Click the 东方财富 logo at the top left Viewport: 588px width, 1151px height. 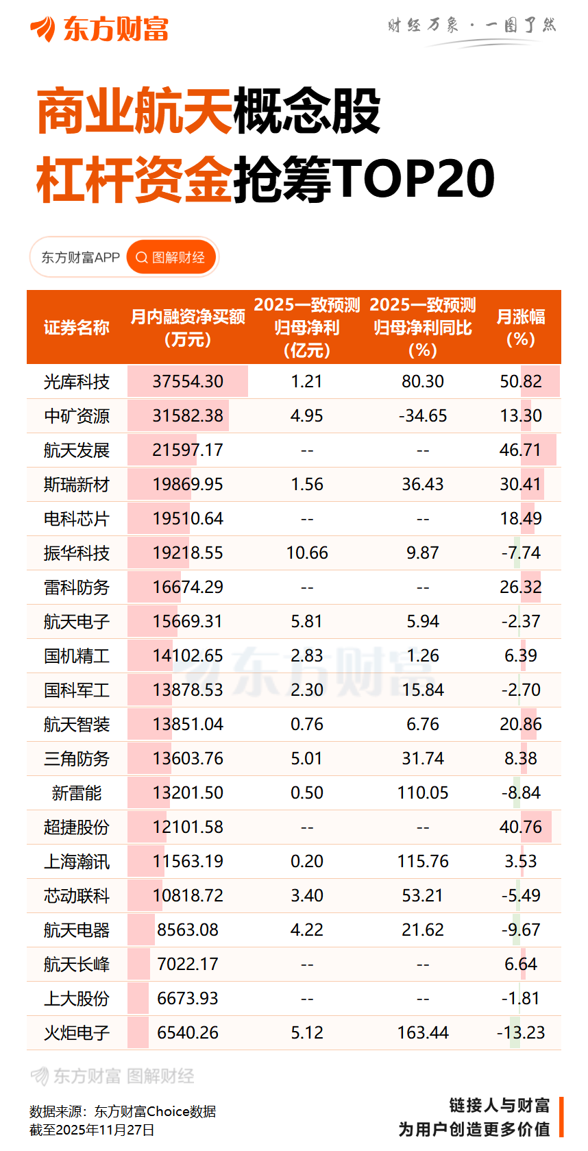click(99, 29)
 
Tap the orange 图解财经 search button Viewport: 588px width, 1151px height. click(171, 258)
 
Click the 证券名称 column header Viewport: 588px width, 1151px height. click(76, 328)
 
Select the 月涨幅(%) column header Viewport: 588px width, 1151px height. click(520, 327)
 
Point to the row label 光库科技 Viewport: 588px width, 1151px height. click(76, 382)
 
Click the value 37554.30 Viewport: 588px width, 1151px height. click(188, 382)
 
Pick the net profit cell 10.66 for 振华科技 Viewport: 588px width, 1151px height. click(306, 553)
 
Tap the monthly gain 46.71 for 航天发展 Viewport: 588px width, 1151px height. click(520, 450)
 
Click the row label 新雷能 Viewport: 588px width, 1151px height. click(76, 793)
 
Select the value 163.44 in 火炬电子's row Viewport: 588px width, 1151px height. click(422, 1033)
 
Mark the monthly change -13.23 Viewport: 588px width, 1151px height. click(520, 1033)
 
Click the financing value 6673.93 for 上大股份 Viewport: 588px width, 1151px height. click(187, 999)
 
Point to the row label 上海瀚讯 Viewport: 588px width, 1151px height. click(76, 862)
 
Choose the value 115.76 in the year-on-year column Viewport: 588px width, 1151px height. click(422, 862)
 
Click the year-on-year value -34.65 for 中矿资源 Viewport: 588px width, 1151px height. click(422, 416)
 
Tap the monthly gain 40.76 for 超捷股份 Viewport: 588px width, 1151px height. click(520, 827)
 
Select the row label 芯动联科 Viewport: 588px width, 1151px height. click(76, 896)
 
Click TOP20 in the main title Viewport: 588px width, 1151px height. click(414, 179)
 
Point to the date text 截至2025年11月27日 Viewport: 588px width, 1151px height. click(92, 1130)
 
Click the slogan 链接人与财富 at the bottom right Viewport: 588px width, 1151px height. click(499, 1105)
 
